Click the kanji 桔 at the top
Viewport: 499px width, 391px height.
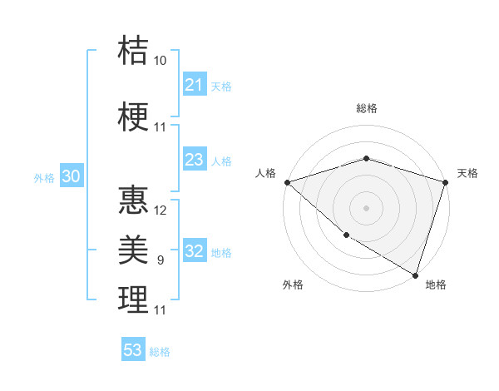pos(133,50)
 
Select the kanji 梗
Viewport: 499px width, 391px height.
pos(133,116)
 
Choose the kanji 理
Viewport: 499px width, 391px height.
pos(133,299)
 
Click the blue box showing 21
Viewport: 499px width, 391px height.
pos(194,85)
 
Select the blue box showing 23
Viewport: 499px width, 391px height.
pos(194,160)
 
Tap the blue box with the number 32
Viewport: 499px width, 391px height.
pos(194,252)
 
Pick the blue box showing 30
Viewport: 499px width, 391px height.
pos(71,177)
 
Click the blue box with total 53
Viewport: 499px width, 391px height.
pos(133,350)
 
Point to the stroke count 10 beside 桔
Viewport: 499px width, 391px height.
pos(160,61)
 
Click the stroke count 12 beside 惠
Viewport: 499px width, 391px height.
pos(161,210)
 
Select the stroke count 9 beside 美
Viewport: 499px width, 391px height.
pos(160,260)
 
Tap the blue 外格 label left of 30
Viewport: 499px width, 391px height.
pos(43,178)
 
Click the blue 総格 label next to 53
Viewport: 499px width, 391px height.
pos(160,352)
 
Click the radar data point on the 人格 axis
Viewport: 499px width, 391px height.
pos(286,182)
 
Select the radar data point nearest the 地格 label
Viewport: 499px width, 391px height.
pos(415,275)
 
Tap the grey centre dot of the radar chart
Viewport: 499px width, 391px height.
pos(366,207)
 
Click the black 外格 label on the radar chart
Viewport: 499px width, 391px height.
pos(293,285)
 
